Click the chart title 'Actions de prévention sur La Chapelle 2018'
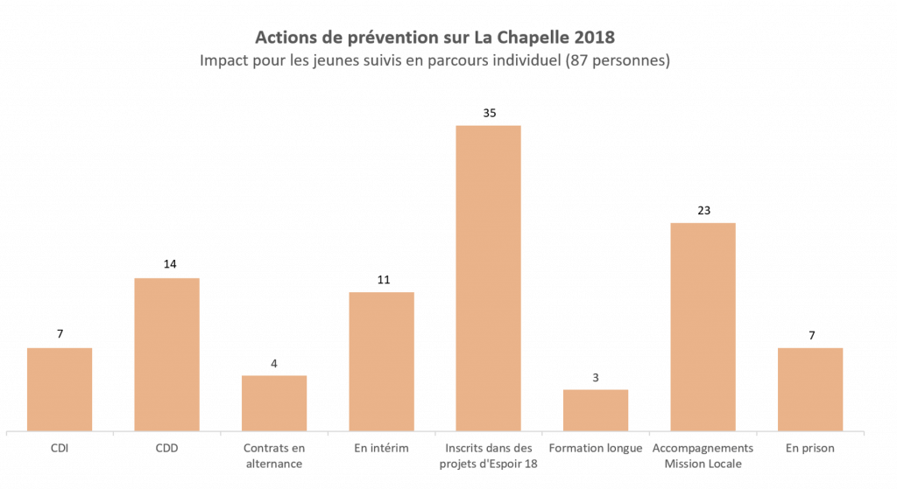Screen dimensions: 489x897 [434, 38]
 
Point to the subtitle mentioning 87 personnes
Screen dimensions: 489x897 [434, 61]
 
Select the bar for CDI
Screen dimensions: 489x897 [60, 389]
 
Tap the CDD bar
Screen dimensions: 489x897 [166, 354]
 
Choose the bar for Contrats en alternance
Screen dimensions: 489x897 [274, 403]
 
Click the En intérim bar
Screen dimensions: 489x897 [382, 361]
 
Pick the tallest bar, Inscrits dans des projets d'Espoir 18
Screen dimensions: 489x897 [488, 278]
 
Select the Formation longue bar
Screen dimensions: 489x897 [596, 410]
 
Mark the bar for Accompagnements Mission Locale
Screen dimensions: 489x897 [703, 327]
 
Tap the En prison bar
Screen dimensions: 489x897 [810, 389]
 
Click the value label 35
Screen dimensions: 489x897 [489, 113]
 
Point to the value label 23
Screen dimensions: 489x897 [703, 210]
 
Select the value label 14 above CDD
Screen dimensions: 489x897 [166, 265]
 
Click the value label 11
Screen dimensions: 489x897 [382, 280]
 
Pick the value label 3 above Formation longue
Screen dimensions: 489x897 [596, 377]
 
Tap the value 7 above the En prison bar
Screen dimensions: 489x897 [810, 335]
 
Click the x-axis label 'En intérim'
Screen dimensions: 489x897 [382, 448]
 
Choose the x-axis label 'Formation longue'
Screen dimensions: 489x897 [596, 448]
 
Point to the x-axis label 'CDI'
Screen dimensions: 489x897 [60, 448]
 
